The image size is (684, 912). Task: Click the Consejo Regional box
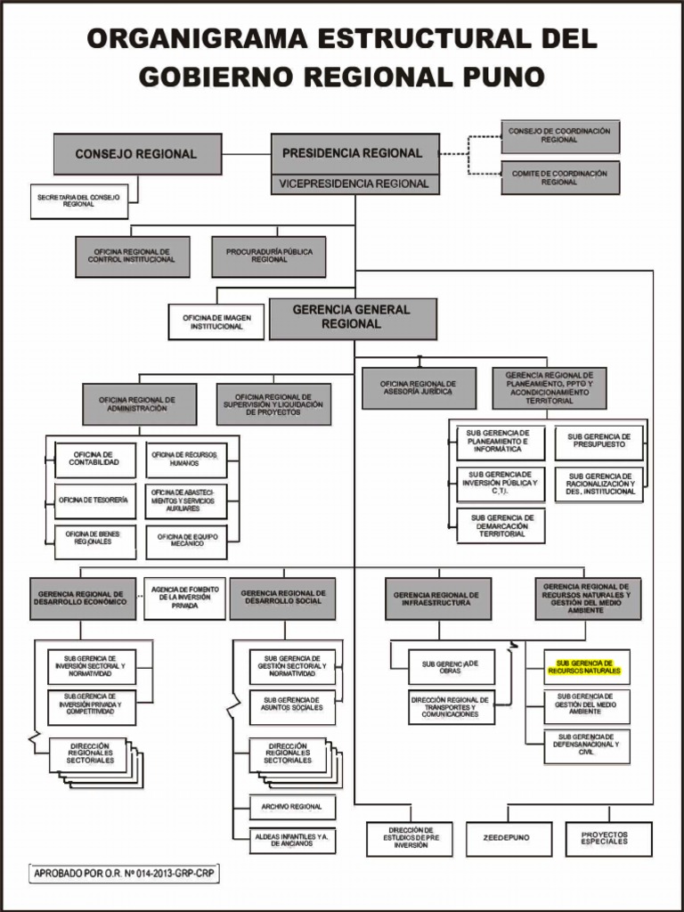click(x=136, y=154)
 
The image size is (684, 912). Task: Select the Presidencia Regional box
click(x=354, y=153)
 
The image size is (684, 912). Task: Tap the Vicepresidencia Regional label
click(x=354, y=184)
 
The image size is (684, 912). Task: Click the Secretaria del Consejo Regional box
click(x=79, y=200)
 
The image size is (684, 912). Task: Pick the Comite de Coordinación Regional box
click(x=559, y=177)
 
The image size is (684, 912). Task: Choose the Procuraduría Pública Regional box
click(x=269, y=256)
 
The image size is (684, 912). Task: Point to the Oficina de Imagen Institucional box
click(x=216, y=322)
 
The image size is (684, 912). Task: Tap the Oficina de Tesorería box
click(x=94, y=501)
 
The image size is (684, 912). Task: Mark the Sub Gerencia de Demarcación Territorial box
click(x=502, y=525)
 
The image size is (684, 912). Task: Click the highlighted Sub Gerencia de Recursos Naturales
click(x=585, y=666)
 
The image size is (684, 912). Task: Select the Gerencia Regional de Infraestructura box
click(x=437, y=598)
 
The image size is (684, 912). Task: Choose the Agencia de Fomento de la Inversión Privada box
click(x=184, y=598)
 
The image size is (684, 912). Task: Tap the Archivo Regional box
click(x=292, y=807)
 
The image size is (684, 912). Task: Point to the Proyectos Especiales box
click(x=608, y=839)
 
